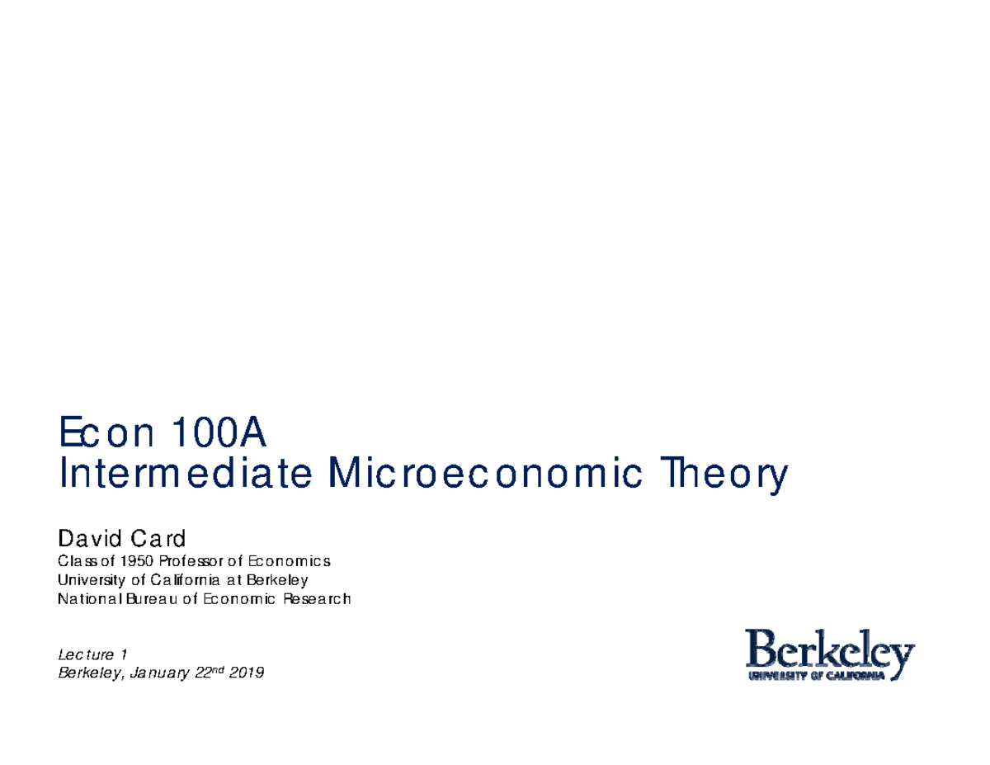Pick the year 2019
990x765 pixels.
click(247, 674)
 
